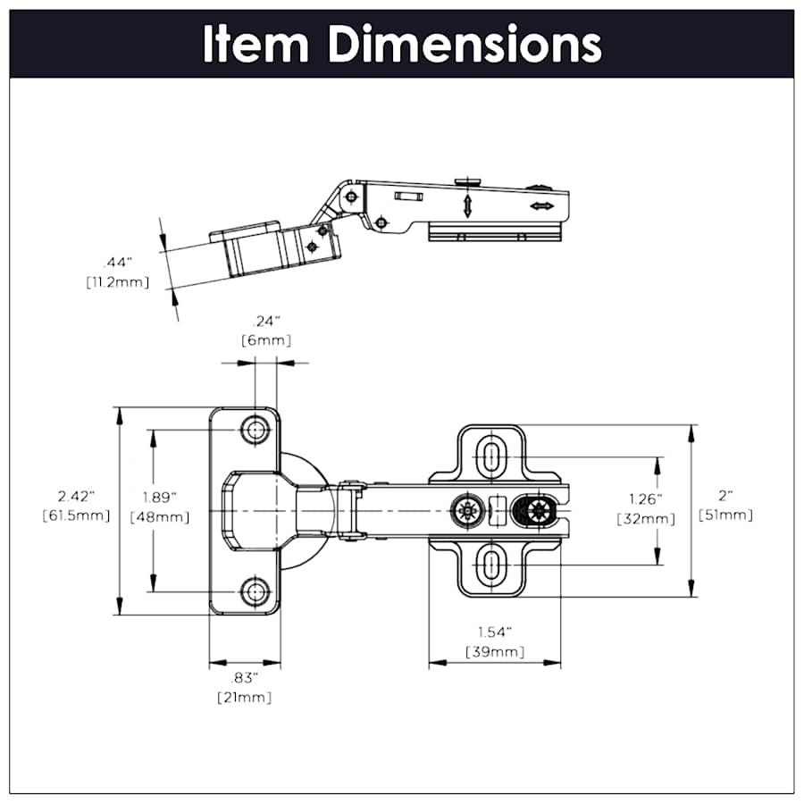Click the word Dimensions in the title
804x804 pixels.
tap(464, 44)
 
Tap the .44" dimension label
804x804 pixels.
tap(117, 263)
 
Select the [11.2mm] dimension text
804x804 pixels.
tap(117, 282)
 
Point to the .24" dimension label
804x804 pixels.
tap(265, 321)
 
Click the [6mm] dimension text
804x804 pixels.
tap(265, 340)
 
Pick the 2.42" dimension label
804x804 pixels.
tap(76, 496)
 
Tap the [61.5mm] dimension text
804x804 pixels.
tap(76, 515)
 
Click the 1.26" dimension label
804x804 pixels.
tap(646, 499)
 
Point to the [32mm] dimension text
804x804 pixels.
tap(646, 519)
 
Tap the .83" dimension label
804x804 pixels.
tap(244, 677)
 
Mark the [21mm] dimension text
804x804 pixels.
tap(244, 697)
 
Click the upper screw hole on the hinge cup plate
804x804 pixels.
tap(257, 430)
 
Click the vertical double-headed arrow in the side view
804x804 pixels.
tap(466, 205)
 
